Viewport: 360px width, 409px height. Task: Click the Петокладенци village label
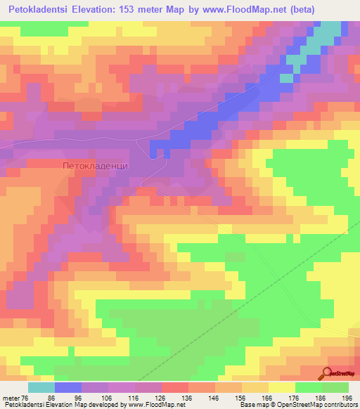pyautogui.click(x=95, y=167)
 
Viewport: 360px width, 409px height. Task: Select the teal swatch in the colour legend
pyautogui.click(x=41, y=387)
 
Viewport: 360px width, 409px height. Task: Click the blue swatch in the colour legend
pyautogui.click(x=68, y=387)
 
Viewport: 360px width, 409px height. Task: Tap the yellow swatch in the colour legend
pyautogui.click(x=281, y=387)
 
